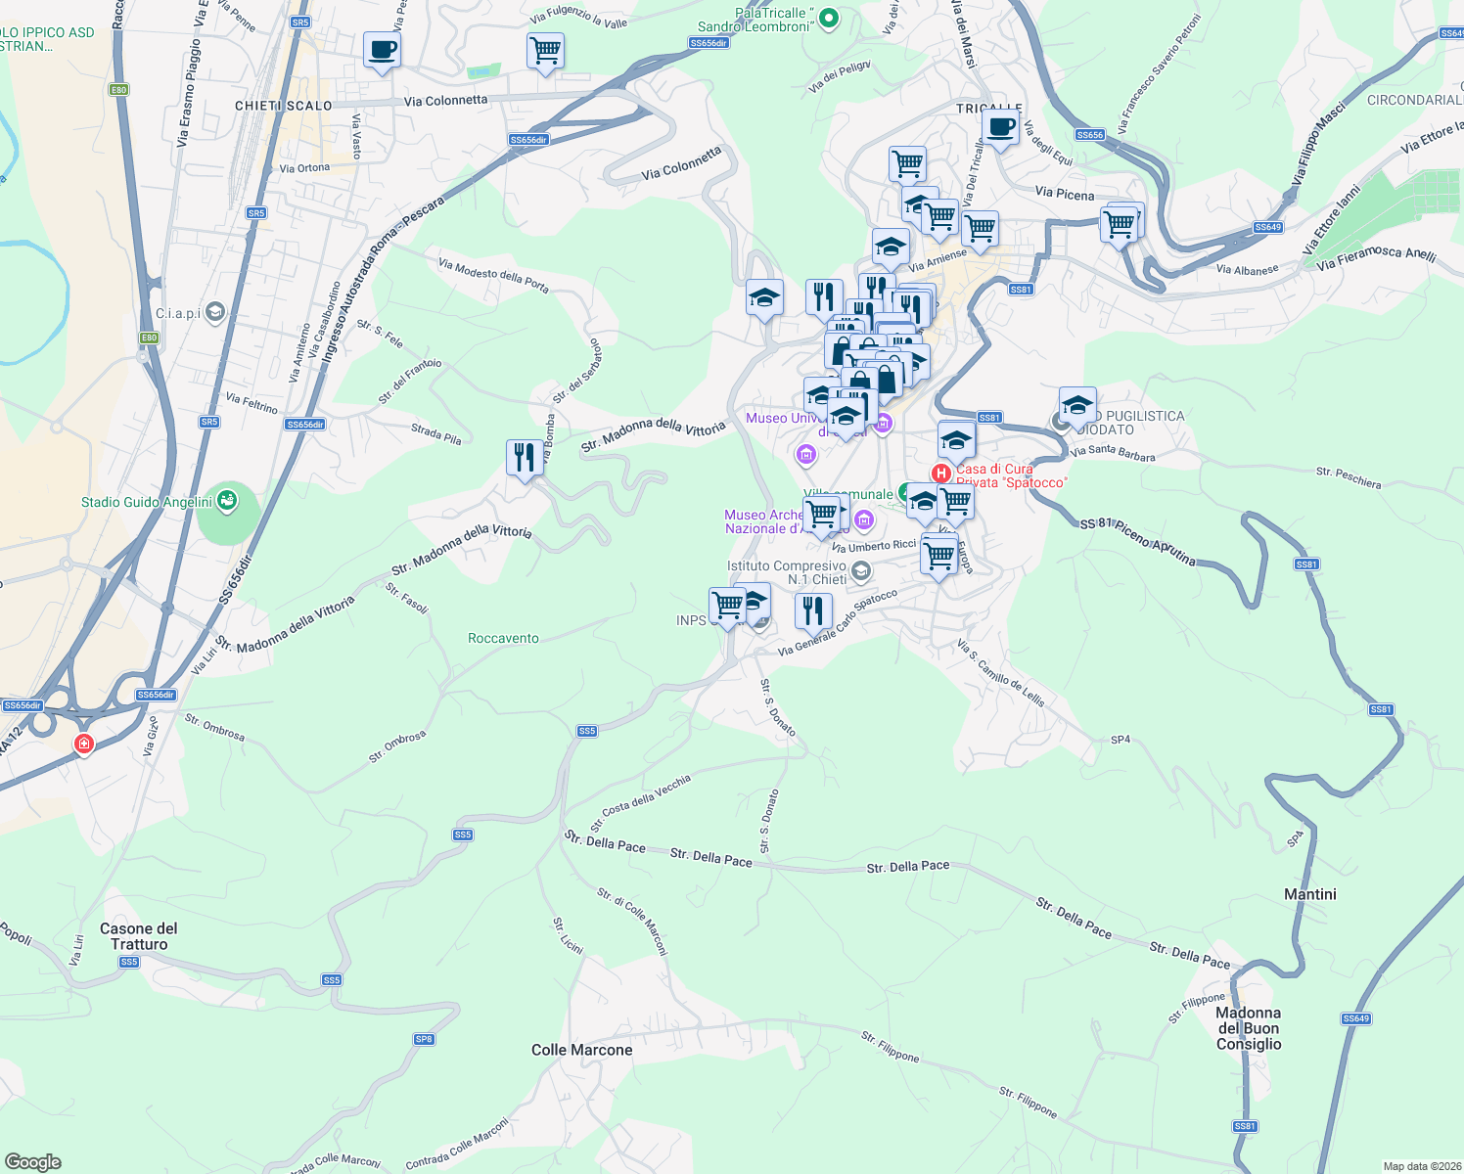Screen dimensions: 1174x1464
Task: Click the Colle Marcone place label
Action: pos(581,1050)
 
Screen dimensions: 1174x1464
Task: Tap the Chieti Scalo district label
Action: pos(284,106)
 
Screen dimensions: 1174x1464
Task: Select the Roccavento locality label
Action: pos(503,638)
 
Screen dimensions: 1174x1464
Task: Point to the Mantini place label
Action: pos(1309,894)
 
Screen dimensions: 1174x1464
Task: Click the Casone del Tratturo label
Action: pos(139,936)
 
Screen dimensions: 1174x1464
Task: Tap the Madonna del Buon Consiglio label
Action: pos(1248,1028)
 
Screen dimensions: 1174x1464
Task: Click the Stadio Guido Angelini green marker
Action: pos(227,501)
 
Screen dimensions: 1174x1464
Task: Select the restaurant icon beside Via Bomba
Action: pos(525,456)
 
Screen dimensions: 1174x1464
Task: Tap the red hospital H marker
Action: pos(940,474)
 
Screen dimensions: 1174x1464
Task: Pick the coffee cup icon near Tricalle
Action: pos(1000,127)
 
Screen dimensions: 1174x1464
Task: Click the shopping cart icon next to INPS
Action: pos(727,604)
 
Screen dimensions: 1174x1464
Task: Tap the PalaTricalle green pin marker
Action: pos(829,18)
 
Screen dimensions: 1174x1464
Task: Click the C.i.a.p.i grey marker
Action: pos(215,312)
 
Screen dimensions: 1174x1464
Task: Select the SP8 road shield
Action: pos(424,1039)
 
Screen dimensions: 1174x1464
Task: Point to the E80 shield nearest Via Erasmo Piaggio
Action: pos(118,90)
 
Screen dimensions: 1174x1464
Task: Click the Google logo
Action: pos(32,1162)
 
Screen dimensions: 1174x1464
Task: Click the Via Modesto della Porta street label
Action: pos(493,276)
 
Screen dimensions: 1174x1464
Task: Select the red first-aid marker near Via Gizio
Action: pos(84,745)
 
